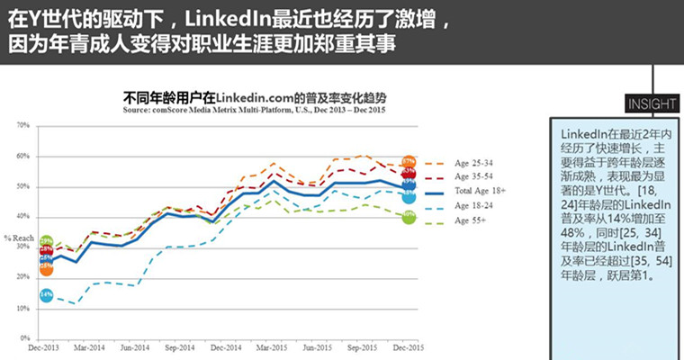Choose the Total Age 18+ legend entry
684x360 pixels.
click(x=481, y=193)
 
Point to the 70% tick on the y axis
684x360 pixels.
click(x=23, y=125)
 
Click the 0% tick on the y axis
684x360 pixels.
click(x=25, y=338)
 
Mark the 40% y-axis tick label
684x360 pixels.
click(x=23, y=217)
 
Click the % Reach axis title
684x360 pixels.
click(x=19, y=238)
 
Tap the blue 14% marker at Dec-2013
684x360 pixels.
click(x=46, y=295)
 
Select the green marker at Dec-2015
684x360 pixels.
click(x=409, y=217)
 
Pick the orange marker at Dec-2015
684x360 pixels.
click(x=409, y=162)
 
